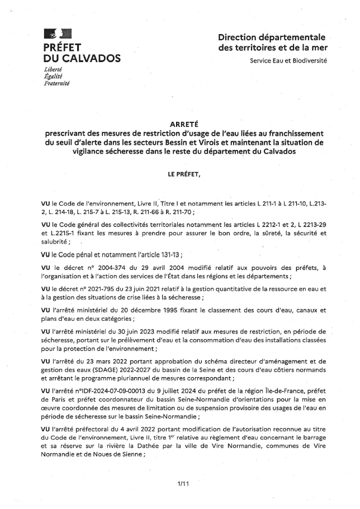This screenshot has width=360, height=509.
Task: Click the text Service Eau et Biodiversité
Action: tap(288, 60)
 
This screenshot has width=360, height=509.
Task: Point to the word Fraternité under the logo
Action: tap(56, 83)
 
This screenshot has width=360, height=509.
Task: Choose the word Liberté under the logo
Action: tap(53, 69)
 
